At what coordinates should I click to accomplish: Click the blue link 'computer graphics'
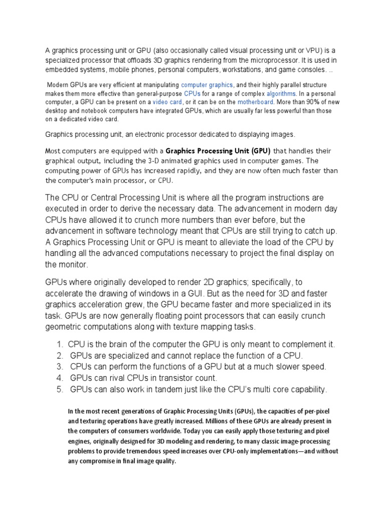pos(207,85)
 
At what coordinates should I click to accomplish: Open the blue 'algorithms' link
pos(281,94)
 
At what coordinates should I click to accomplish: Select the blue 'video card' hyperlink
pos(167,102)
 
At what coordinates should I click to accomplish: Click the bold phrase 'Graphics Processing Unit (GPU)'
pos(218,151)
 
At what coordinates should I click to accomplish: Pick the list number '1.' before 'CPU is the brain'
pos(59,345)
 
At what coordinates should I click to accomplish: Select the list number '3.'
pos(59,367)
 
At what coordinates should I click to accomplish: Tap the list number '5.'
pos(59,389)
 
